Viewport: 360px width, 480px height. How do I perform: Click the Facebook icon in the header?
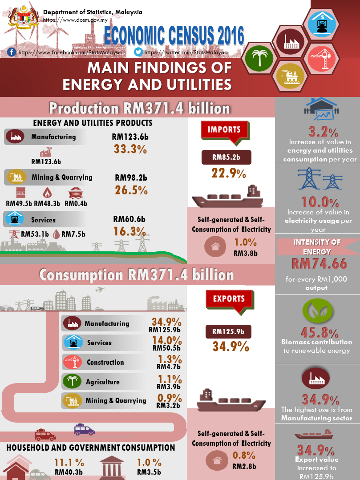(12, 52)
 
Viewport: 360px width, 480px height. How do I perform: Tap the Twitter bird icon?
(139, 52)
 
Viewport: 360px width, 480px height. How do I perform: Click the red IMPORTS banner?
(224, 130)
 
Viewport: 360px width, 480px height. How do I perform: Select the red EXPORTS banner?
(229, 299)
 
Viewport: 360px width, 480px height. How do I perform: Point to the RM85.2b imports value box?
(227, 157)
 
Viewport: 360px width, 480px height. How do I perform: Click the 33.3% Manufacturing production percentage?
(130, 149)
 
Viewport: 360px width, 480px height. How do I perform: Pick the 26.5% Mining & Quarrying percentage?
(131, 190)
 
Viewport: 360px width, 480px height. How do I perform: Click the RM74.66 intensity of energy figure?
(319, 264)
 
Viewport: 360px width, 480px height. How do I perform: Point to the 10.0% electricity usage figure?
(320, 202)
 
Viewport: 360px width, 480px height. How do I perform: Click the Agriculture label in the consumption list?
(102, 382)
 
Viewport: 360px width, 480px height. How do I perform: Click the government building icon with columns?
(112, 468)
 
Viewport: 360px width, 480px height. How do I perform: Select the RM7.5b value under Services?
(73, 234)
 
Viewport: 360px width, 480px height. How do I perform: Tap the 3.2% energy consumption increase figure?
(319, 132)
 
